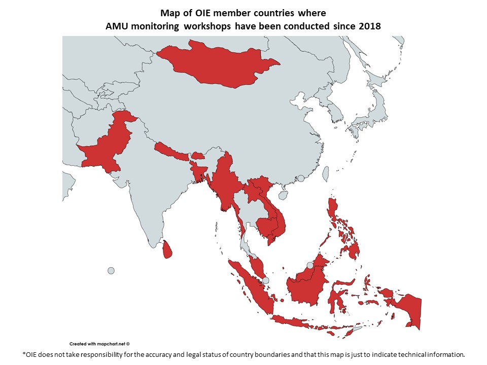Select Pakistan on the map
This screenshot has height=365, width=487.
[x=109, y=144]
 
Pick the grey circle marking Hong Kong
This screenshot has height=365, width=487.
[x=301, y=178]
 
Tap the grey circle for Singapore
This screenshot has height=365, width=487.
[x=265, y=280]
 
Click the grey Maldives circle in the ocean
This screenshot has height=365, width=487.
[x=111, y=270]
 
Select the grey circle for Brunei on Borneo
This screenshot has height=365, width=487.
[x=310, y=265]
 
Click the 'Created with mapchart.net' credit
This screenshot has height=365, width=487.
[x=99, y=343]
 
